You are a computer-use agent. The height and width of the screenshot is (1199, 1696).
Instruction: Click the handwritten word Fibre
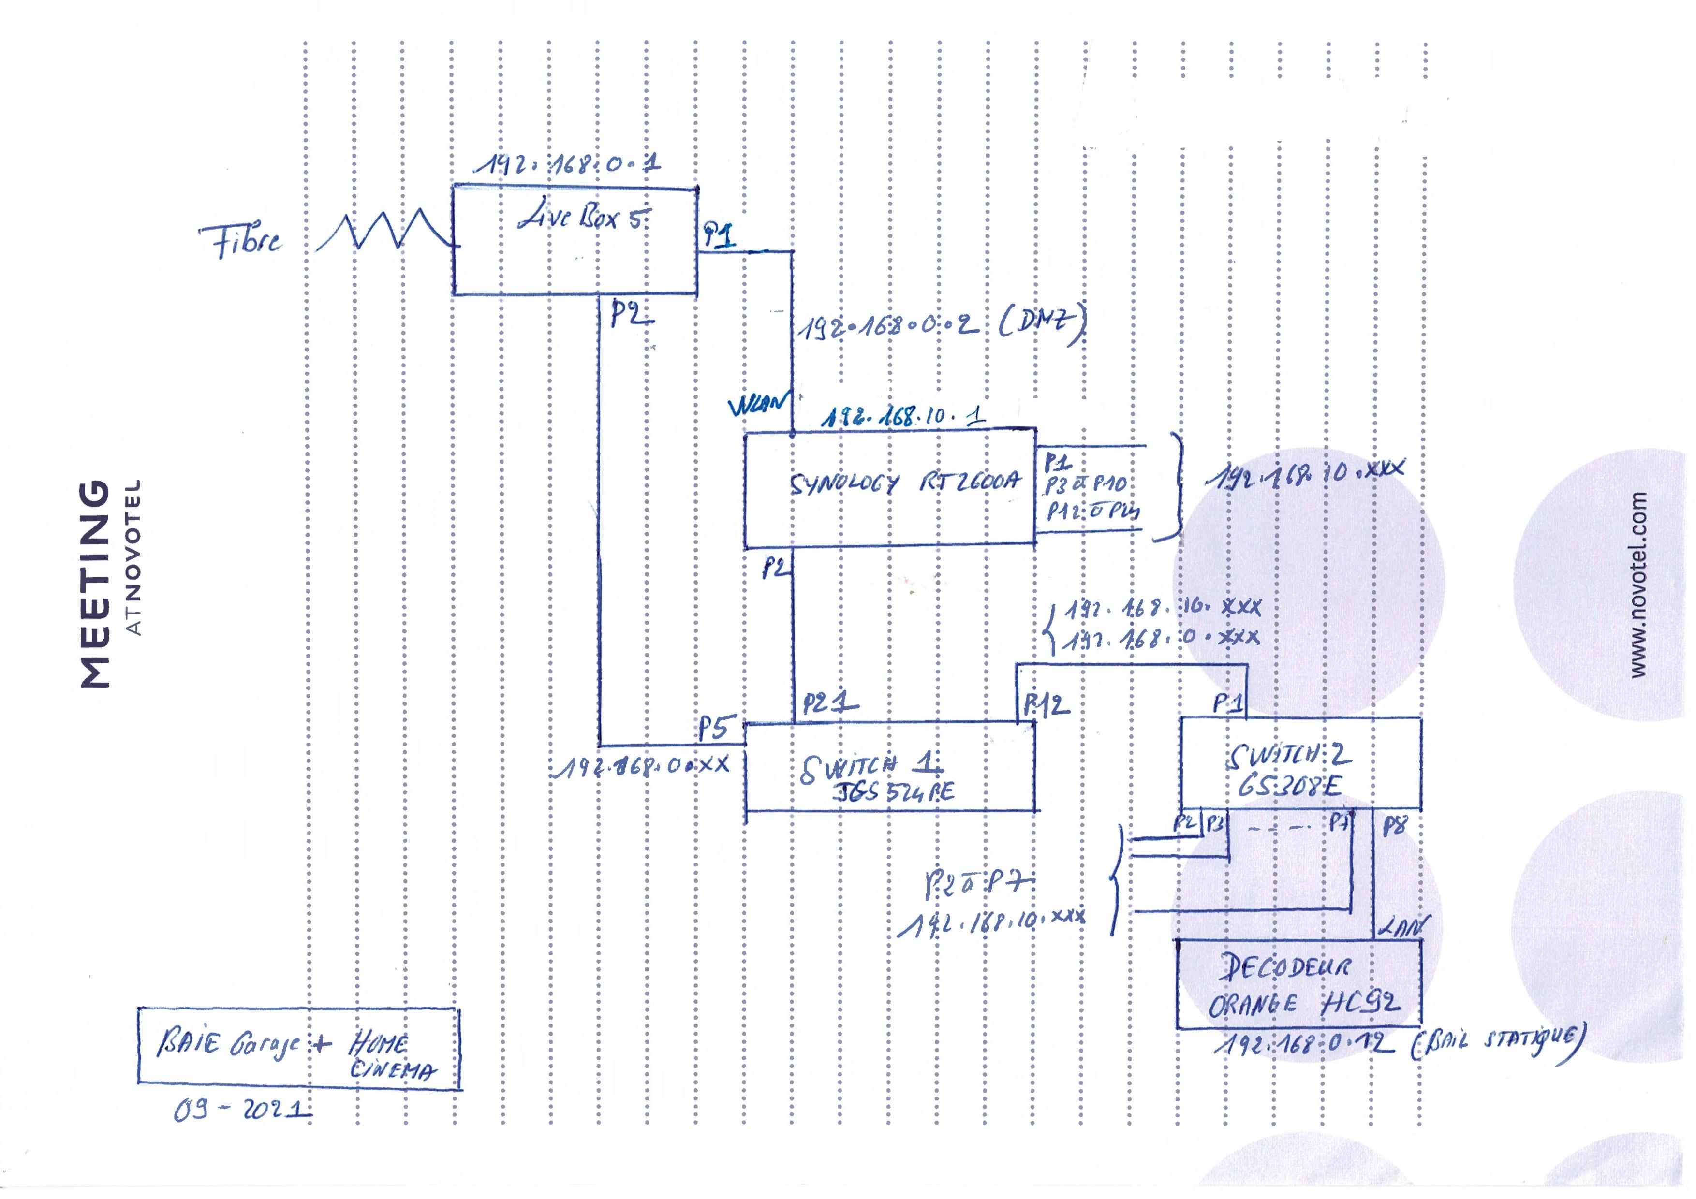[240, 241]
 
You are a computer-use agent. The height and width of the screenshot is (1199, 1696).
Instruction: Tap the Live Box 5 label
[584, 218]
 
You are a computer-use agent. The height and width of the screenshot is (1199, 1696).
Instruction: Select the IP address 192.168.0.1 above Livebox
[567, 164]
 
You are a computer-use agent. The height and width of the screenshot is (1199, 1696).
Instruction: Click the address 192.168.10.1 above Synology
[903, 417]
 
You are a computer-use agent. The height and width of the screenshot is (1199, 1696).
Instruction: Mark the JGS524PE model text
[894, 792]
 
